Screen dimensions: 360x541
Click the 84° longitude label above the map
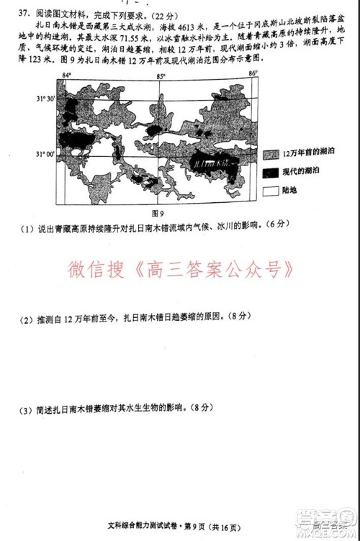click(x=67, y=76)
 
